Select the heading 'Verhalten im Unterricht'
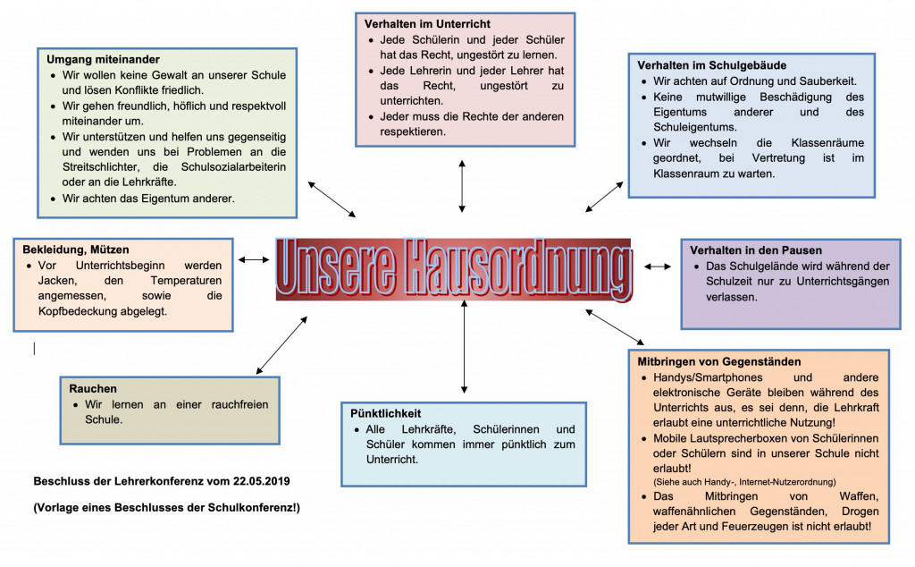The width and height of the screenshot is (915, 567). click(x=427, y=23)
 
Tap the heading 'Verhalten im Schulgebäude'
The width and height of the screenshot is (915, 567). click(x=711, y=65)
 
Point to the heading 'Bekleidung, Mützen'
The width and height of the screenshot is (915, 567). click(x=76, y=250)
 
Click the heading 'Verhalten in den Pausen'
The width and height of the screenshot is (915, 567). click(x=756, y=250)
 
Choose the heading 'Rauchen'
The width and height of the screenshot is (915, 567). click(x=93, y=388)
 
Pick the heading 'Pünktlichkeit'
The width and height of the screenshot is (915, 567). click(x=386, y=415)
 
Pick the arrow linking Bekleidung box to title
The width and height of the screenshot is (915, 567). click(x=254, y=259)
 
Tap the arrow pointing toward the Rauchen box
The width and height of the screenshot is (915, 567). click(x=281, y=345)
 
